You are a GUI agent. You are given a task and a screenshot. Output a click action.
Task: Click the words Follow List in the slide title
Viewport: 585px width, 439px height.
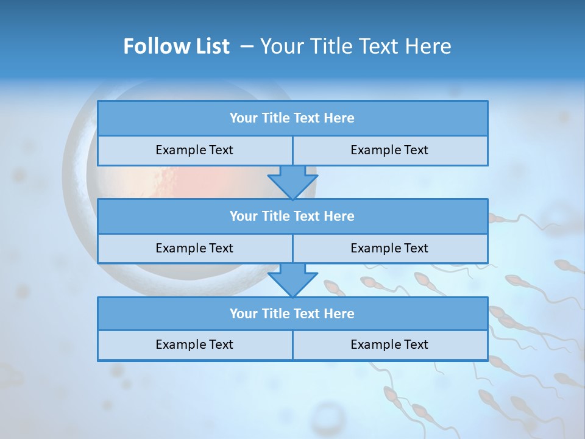pos(176,46)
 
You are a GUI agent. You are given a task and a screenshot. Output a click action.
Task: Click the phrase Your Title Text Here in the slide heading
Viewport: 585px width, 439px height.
pos(356,46)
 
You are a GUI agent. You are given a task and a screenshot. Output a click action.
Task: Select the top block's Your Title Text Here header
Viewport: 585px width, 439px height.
pos(292,118)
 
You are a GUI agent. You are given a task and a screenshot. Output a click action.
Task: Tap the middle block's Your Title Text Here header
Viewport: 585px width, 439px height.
pos(292,216)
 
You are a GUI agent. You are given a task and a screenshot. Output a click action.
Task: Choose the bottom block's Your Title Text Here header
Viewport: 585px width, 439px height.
pos(292,314)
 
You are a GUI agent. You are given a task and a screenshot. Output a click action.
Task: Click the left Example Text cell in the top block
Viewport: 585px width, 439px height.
pos(194,151)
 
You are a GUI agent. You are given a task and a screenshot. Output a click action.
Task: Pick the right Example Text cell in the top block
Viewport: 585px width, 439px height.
pos(389,151)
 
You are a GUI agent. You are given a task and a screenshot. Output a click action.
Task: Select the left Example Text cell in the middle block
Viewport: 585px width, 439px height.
pos(194,248)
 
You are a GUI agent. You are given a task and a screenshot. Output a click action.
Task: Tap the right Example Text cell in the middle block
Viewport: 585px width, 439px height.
pos(389,248)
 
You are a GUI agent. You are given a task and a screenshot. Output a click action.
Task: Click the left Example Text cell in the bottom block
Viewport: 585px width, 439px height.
pos(194,344)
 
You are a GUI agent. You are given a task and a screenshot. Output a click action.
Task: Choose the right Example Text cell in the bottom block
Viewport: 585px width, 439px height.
pos(389,344)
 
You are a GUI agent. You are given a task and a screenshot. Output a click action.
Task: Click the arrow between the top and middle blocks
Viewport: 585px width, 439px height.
pos(292,182)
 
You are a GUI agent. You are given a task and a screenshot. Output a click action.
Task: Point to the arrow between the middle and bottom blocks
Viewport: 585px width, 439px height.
pos(292,280)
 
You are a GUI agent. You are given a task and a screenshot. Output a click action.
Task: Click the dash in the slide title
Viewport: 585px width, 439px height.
pos(247,46)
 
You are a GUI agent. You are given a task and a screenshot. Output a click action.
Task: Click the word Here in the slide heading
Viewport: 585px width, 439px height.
pos(430,46)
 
